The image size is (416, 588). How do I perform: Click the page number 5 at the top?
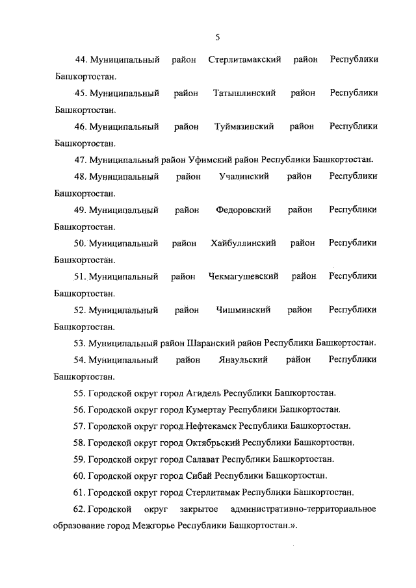(x=217, y=37)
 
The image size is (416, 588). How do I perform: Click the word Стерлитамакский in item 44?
(x=244, y=60)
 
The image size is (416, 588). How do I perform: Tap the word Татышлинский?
(x=244, y=94)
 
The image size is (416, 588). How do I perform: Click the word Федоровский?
(x=244, y=210)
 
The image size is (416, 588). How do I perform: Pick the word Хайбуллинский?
(x=244, y=243)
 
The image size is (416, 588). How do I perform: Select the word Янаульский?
(x=244, y=359)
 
